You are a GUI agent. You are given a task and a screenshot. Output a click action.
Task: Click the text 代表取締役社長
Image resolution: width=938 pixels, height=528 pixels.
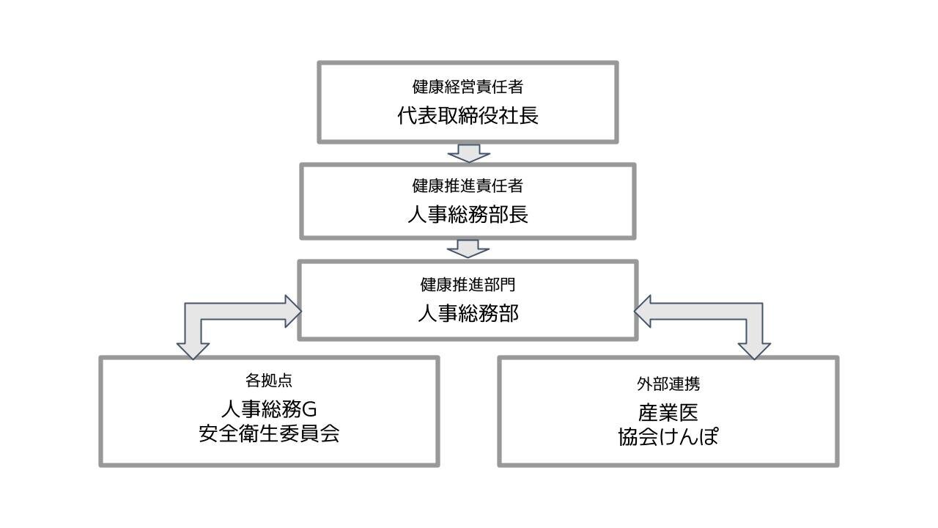[x=468, y=116]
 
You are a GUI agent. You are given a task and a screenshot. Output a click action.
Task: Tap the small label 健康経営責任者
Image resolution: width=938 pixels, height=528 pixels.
[x=468, y=87]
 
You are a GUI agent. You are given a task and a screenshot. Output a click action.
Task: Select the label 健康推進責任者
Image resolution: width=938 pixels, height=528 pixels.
[x=468, y=186]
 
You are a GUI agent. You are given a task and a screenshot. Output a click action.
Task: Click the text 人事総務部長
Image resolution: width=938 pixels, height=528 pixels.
[x=468, y=215]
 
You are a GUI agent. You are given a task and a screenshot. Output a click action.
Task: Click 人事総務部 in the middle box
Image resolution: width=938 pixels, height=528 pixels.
[x=468, y=314]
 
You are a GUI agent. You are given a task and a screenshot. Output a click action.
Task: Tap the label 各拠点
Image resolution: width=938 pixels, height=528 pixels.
[x=269, y=381]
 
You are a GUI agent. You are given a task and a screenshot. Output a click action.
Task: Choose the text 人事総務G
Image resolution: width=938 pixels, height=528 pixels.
[x=269, y=408]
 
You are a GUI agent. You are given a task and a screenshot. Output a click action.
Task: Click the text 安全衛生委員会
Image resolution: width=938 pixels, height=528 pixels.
[x=269, y=433]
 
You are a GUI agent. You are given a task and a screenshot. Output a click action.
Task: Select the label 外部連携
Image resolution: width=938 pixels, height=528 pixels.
[x=668, y=384]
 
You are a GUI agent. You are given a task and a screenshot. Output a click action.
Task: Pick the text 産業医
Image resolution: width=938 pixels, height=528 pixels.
[x=668, y=411]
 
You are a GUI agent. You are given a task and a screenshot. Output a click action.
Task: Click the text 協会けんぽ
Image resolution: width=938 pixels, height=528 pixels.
[x=668, y=437]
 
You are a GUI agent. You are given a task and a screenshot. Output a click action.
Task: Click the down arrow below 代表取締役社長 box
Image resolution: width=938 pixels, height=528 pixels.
[x=468, y=153]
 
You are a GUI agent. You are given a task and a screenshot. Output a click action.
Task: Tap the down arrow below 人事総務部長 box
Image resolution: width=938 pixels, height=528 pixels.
[x=468, y=248]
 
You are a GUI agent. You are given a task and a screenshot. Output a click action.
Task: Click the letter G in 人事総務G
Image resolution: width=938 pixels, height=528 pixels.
[x=309, y=408]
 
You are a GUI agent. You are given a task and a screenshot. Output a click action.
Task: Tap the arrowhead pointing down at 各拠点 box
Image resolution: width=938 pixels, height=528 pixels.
[x=193, y=350]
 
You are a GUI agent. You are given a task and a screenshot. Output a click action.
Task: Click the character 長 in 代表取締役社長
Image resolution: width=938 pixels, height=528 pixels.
[x=529, y=116]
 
